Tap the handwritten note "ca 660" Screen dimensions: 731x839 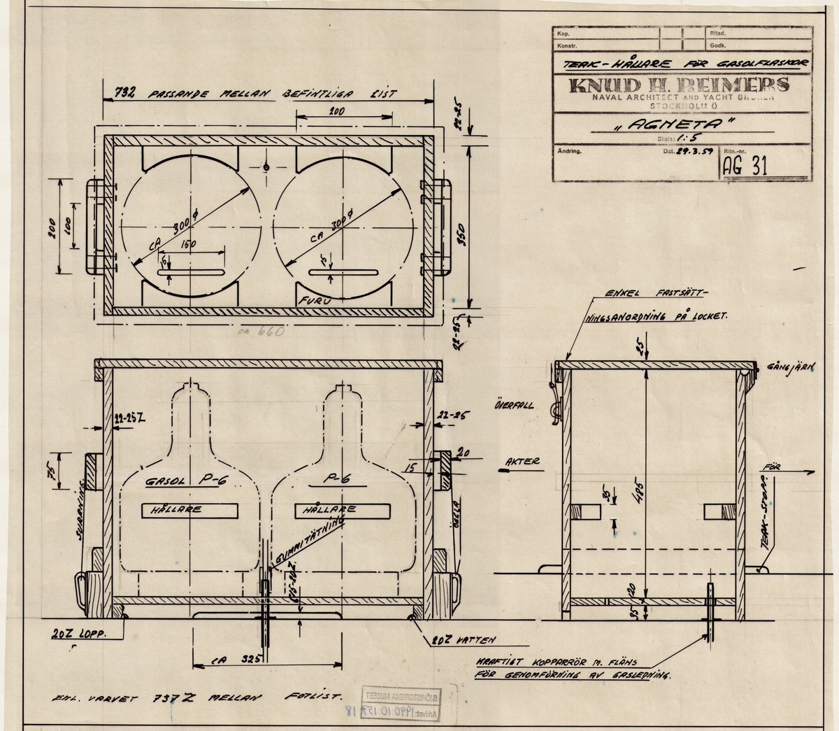tap(257, 332)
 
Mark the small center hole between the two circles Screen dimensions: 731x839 tap(266, 166)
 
